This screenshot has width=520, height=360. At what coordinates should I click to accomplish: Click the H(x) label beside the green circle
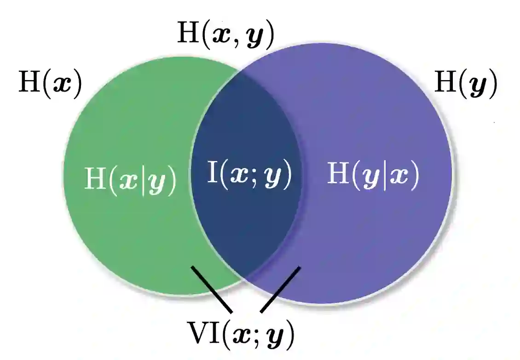(50, 84)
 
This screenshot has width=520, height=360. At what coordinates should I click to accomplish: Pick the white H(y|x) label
(373, 175)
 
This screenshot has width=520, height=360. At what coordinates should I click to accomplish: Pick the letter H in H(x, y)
(188, 35)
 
